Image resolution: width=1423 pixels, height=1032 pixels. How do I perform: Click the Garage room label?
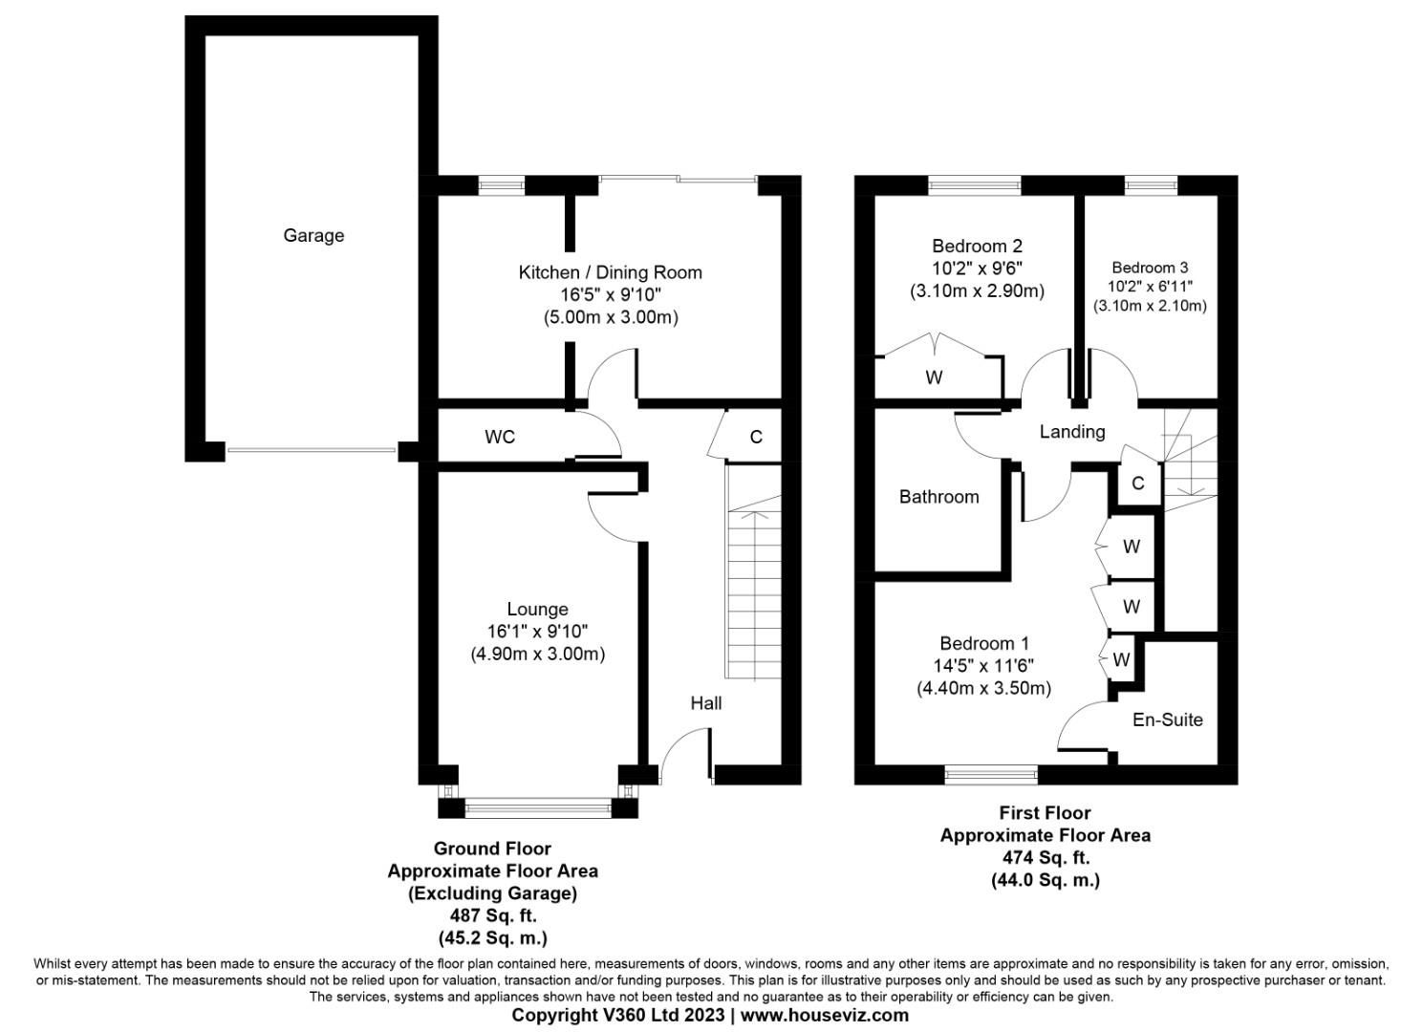(x=313, y=235)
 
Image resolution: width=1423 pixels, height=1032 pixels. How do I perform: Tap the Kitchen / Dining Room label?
(x=610, y=272)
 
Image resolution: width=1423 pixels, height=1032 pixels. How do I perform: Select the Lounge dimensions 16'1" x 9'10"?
(x=537, y=632)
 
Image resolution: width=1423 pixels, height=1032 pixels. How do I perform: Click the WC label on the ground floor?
(x=500, y=437)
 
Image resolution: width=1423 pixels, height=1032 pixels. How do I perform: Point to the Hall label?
(x=705, y=703)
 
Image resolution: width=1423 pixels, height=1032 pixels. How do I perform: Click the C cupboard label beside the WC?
(x=756, y=437)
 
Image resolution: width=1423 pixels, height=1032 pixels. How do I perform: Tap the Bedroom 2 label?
(x=977, y=246)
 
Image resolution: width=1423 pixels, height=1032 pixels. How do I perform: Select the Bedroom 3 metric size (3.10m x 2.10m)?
(x=1150, y=306)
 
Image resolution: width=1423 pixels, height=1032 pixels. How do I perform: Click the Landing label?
(x=1071, y=432)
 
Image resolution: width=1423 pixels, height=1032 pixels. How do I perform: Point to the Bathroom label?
(x=938, y=497)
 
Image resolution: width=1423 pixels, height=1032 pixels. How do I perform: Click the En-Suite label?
(x=1167, y=720)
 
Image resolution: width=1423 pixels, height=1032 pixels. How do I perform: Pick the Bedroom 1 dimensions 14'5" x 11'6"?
(x=983, y=666)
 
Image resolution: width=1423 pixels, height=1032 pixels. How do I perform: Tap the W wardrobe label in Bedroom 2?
(x=934, y=377)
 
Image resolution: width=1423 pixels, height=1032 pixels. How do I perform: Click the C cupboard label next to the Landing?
(x=1137, y=484)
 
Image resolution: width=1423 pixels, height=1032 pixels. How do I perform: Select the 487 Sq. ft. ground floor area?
(x=492, y=916)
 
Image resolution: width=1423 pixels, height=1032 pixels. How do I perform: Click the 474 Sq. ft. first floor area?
(x=1045, y=857)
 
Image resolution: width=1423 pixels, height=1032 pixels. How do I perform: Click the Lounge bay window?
(x=537, y=808)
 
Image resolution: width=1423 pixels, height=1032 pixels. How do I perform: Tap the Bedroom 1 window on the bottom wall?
(x=991, y=774)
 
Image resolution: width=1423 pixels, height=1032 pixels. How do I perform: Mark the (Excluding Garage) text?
(x=492, y=893)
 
